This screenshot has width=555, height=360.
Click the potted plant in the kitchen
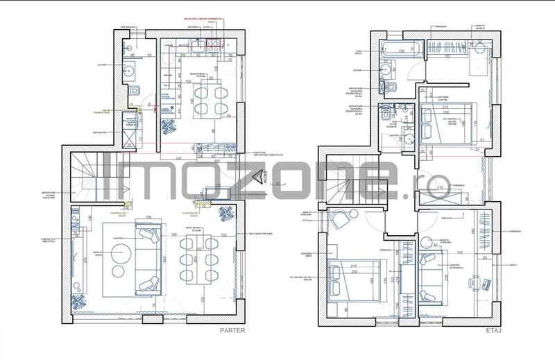[169, 128]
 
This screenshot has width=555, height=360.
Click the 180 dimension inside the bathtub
[400, 51]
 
